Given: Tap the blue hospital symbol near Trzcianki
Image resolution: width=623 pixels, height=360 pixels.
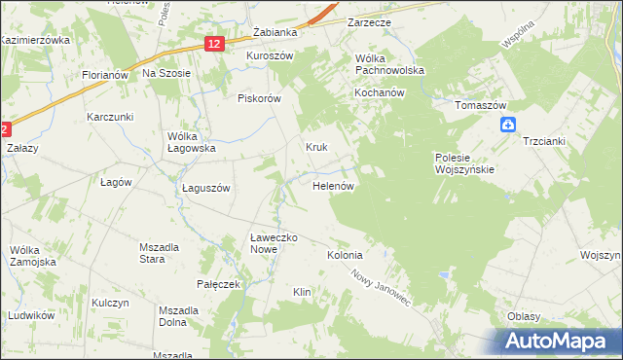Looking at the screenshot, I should pos(508,124).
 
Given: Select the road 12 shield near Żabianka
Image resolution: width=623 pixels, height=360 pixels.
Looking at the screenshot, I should pos(215,44).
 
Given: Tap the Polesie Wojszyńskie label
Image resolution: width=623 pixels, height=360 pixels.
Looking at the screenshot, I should pos(464,162).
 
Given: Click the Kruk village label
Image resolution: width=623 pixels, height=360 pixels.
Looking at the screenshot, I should pos(316,148).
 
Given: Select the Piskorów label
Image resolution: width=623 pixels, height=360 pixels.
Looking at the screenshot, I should pos(259,98).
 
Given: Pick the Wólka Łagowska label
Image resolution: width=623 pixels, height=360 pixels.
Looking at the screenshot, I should pos(191,142).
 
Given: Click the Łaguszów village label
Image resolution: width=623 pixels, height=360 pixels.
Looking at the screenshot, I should pos(205,189).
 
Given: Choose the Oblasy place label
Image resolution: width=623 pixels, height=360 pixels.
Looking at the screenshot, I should pos(524,317).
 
